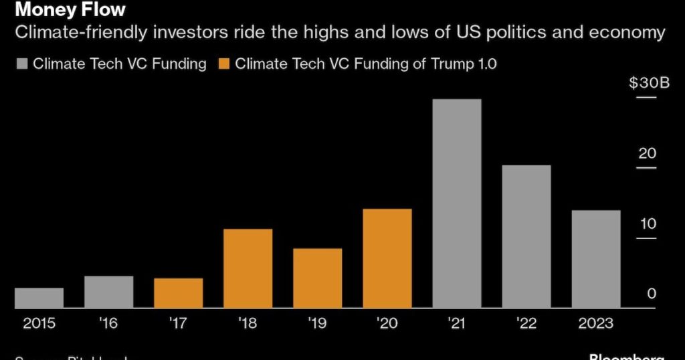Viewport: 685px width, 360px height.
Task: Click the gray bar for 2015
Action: (39, 298)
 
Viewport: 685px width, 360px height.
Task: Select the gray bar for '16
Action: (109, 292)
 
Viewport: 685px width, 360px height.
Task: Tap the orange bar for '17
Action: (178, 293)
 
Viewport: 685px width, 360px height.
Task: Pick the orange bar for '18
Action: (248, 268)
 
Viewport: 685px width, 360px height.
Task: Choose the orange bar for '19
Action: (317, 278)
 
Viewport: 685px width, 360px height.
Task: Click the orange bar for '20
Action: (387, 258)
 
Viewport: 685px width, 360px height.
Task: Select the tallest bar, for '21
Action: (457, 203)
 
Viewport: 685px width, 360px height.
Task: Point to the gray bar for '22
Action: (526, 236)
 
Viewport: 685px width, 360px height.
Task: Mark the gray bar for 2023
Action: (596, 259)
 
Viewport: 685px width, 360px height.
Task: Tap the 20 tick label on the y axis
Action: (648, 153)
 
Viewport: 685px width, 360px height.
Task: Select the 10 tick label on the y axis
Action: (648, 223)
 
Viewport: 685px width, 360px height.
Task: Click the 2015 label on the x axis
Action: (39, 323)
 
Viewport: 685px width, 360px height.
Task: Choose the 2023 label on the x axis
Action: (596, 323)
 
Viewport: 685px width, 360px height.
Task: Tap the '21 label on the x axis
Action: (457, 323)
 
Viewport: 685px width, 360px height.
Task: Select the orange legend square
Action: (223, 64)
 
